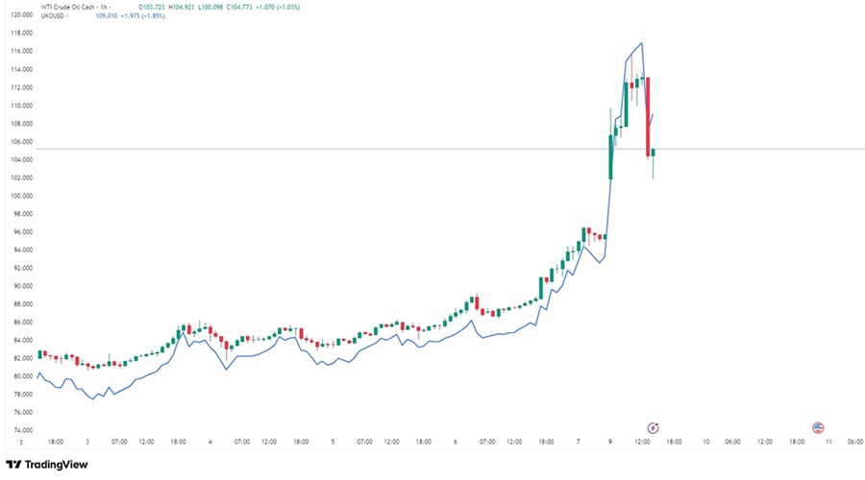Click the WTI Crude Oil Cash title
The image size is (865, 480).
(70, 8)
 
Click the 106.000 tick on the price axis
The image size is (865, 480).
(21, 141)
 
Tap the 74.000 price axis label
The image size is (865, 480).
(21, 430)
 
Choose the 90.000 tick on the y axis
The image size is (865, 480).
(21, 286)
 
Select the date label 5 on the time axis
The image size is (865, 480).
(333, 442)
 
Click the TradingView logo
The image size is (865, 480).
(47, 465)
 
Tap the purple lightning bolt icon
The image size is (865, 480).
(654, 427)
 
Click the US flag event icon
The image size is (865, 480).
(819, 427)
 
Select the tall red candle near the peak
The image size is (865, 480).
(648, 115)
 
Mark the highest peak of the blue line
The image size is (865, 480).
(641, 43)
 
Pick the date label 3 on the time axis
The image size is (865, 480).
(87, 442)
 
